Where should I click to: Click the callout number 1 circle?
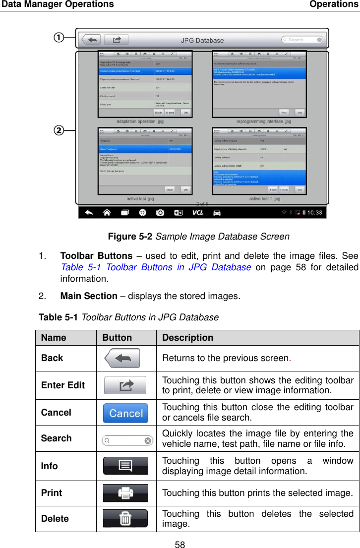[59, 37]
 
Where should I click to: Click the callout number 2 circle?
[59, 131]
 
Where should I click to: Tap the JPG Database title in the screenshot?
[202, 40]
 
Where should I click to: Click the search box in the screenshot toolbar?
[302, 40]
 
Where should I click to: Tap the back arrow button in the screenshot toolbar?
[91, 40]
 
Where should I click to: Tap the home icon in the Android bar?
[107, 213]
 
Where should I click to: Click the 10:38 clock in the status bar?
[312, 213]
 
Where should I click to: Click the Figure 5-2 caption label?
[131, 237]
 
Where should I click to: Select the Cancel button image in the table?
[125, 413]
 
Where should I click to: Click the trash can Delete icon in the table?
[125, 519]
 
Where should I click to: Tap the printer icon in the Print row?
[125, 493]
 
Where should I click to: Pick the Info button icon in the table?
[125, 466]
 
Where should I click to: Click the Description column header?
[188, 338]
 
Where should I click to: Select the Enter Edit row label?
[63, 385]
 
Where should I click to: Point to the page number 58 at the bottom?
[180, 544]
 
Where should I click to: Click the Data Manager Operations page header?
[58, 4]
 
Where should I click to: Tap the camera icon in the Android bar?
[160, 213]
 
